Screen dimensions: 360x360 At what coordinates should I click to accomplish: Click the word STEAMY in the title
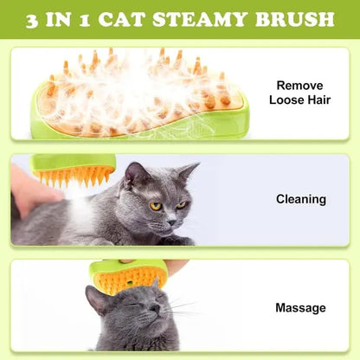[212, 19]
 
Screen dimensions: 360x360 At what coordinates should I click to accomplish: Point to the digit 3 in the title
[33, 19]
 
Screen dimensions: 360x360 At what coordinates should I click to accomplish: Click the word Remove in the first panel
[299, 85]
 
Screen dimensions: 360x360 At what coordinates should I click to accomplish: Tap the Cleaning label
[300, 199]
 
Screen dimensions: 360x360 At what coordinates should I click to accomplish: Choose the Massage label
[300, 307]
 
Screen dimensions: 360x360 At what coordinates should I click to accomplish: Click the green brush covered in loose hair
[138, 95]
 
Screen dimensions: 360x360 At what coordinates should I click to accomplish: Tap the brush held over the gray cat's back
[74, 170]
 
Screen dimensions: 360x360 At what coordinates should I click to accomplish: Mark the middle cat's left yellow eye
[155, 206]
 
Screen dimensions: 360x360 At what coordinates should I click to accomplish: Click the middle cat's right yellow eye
[181, 204]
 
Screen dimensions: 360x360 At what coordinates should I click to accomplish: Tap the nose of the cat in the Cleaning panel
[172, 218]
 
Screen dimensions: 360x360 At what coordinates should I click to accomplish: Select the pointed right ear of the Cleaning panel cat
[188, 170]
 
